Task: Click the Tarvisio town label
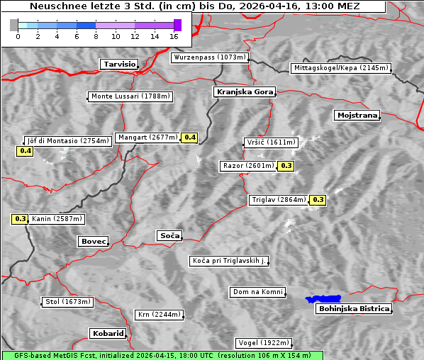[119, 64]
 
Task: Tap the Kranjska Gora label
[243, 92]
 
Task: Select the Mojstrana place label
[357, 115]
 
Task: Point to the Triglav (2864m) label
[279, 200]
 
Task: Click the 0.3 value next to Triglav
[318, 200]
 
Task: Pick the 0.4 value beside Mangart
[189, 137]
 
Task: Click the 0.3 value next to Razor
[286, 166]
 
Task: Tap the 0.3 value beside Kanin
[20, 219]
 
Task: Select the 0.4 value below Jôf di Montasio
[25, 151]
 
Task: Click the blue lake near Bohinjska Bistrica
[323, 299]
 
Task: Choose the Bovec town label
[93, 242]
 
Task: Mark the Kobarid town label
[108, 333]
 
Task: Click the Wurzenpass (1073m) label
[210, 57]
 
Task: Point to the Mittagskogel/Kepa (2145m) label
[340, 68]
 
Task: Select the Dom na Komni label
[257, 292]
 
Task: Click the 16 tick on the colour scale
[174, 35]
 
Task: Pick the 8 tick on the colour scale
[96, 35]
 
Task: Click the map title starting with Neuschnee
[194, 6]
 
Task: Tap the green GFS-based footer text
[162, 355]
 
